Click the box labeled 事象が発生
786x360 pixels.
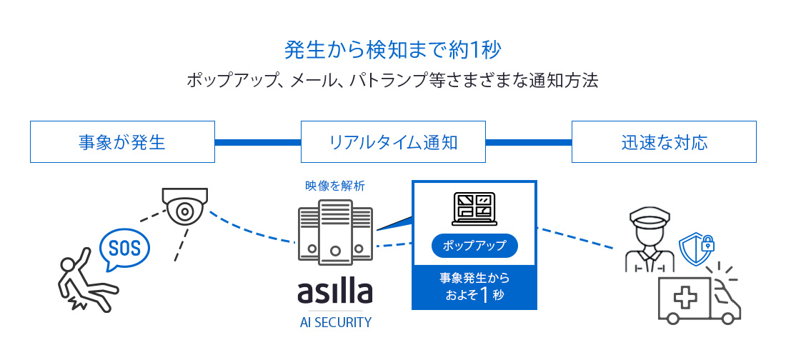[122, 141]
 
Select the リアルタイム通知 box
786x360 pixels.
[393, 141]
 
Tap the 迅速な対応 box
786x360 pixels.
[664, 141]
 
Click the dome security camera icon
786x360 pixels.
[185, 206]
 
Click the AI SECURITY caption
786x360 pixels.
[335, 322]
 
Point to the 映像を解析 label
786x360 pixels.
[335, 186]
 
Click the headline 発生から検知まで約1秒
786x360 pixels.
[392, 50]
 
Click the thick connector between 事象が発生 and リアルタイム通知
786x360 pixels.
[257, 141]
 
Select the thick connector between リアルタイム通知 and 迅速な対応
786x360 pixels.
[528, 141]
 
